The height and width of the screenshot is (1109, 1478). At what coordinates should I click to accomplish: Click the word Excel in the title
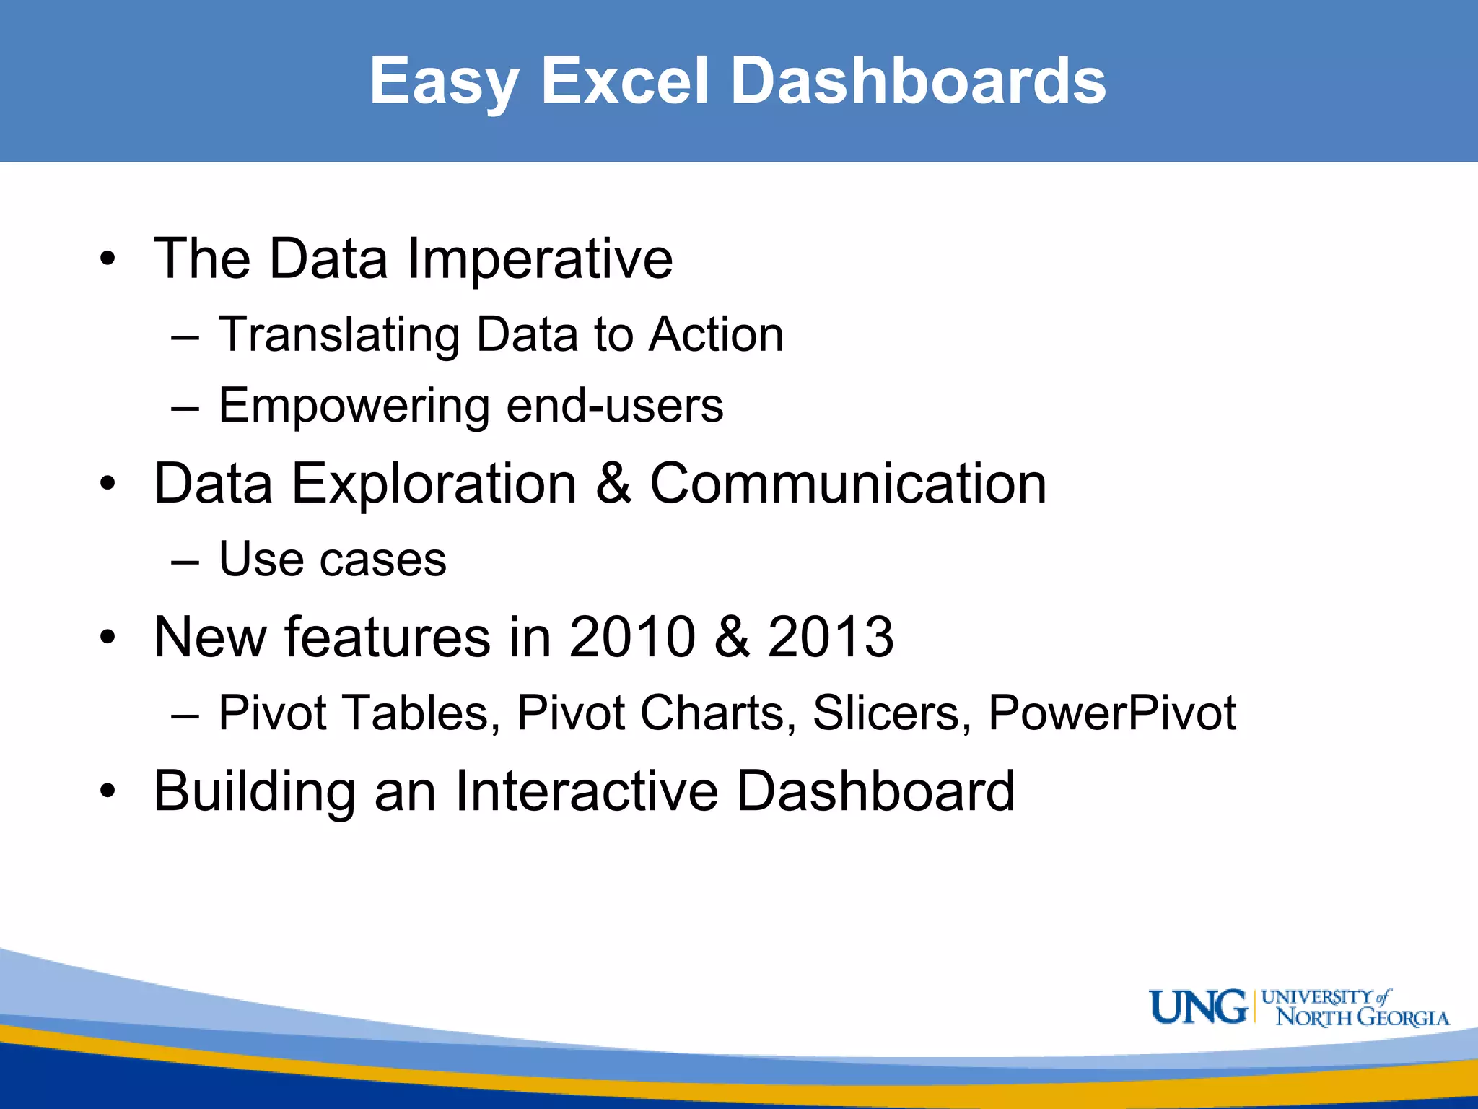click(x=625, y=81)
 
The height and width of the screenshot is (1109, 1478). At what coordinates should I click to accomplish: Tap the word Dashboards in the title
click(x=918, y=81)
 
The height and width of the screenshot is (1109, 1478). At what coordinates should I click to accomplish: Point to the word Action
click(x=716, y=335)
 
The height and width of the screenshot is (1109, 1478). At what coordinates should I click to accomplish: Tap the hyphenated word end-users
click(x=615, y=406)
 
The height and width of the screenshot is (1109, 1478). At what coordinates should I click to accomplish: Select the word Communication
click(x=848, y=484)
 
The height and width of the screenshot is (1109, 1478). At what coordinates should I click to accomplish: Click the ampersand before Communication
click(x=613, y=484)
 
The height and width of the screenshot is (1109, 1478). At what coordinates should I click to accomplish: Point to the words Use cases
click(x=332, y=560)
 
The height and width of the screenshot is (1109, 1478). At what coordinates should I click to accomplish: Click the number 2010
click(x=632, y=637)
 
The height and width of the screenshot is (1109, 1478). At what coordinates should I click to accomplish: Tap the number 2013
click(x=831, y=637)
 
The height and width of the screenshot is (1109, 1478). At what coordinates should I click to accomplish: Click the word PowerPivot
click(x=1112, y=713)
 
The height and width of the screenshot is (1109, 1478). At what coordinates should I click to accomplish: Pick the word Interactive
click(x=586, y=791)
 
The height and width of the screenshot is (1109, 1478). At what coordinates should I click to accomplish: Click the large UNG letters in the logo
click(x=1198, y=1007)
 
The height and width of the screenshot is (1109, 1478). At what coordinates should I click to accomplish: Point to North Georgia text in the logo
click(x=1363, y=1018)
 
